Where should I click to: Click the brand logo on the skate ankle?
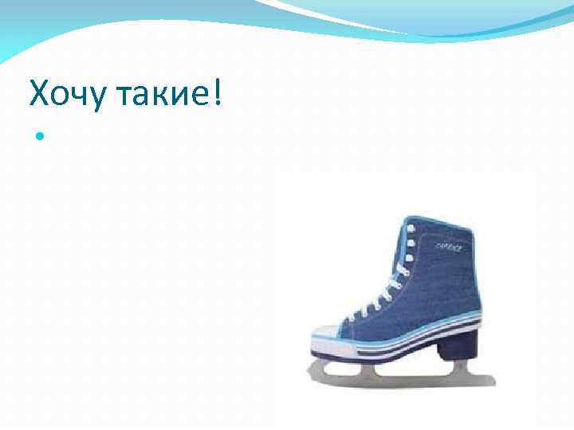448,247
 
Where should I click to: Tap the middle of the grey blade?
399,374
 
